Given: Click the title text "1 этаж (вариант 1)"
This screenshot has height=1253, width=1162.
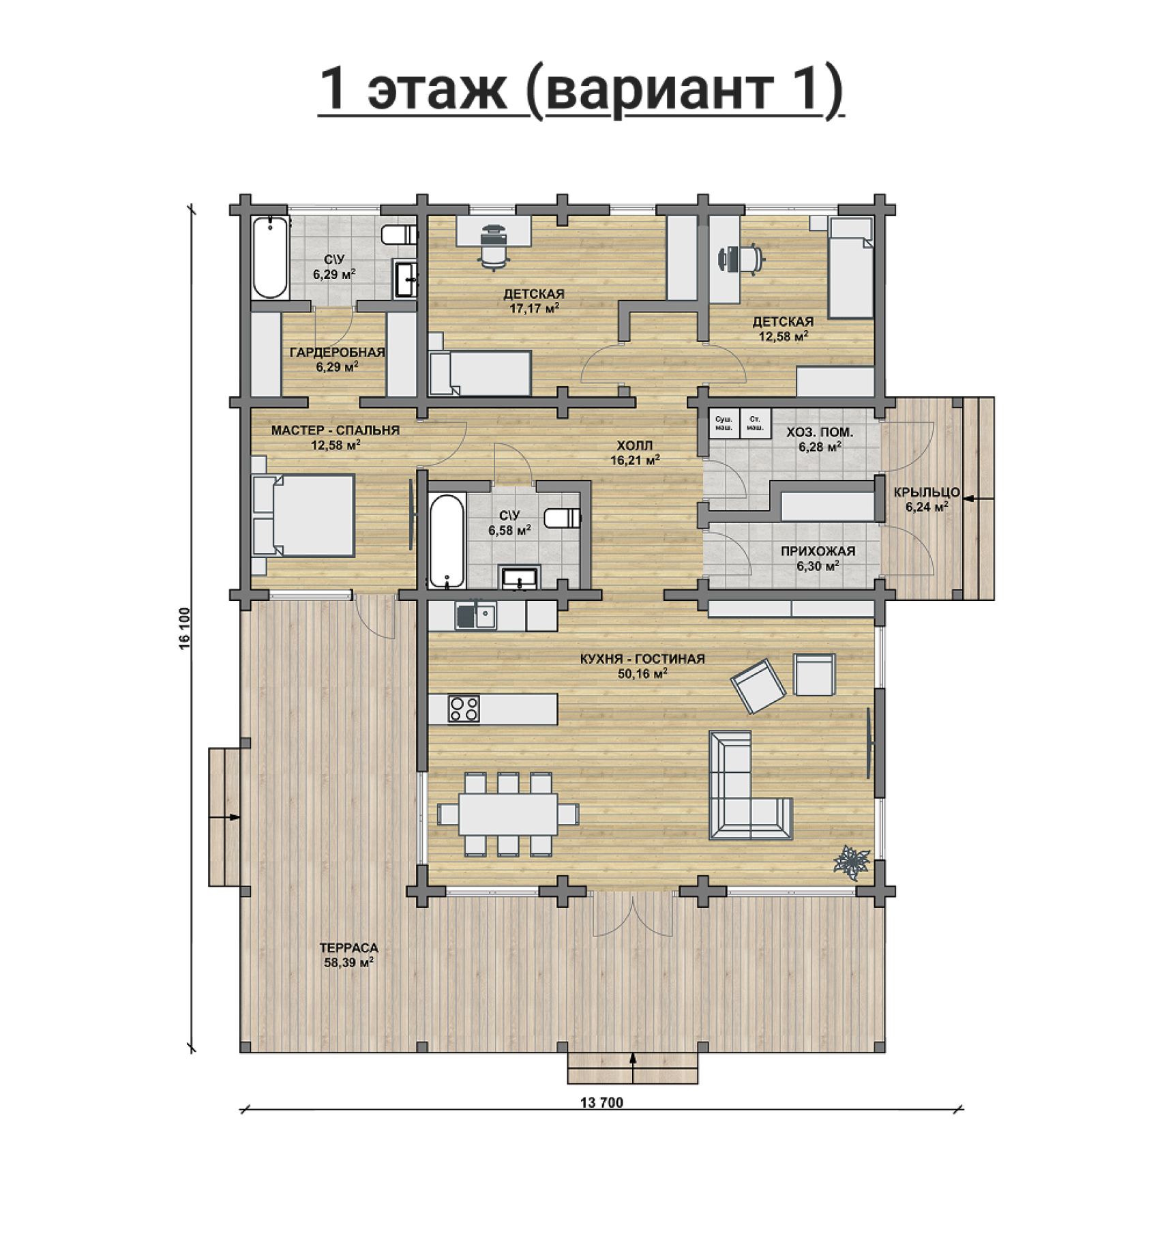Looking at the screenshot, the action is [x=581, y=91].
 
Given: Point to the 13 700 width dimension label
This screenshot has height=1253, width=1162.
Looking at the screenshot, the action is [x=601, y=1103].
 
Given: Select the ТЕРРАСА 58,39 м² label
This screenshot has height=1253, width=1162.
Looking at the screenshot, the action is [x=348, y=955].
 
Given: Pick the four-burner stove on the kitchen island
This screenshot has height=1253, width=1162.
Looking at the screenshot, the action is [x=464, y=709].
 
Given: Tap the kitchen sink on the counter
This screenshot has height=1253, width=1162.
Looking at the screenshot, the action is [x=476, y=615].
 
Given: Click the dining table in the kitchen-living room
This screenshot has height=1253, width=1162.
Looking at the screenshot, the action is [x=508, y=814].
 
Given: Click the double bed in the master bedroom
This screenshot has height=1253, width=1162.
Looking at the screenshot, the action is [x=303, y=516].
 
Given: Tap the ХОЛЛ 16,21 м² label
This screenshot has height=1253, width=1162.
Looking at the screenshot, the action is [x=635, y=453].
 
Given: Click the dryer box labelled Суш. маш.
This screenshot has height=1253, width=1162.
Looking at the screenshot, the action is [x=724, y=424].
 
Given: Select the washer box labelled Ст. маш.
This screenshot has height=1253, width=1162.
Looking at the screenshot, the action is [x=755, y=424].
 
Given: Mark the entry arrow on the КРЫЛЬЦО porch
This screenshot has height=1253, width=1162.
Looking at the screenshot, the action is [x=979, y=500].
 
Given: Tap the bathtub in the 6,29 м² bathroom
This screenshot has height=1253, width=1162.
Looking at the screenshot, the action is [x=270, y=259].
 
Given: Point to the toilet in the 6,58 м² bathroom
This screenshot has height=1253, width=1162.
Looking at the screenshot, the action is [x=562, y=518].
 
